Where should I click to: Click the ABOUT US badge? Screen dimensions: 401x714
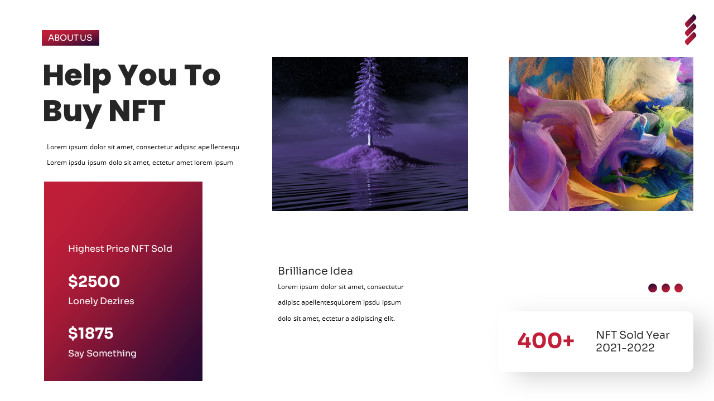tap(70, 38)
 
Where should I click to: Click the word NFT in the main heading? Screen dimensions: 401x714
tap(137, 111)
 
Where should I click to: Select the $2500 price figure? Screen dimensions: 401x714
tap(94, 282)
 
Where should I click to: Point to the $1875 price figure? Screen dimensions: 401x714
tap(90, 334)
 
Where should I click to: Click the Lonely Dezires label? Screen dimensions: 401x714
tap(101, 301)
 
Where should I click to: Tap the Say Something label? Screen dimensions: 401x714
tap(102, 354)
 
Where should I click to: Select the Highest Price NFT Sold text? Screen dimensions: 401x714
tap(120, 249)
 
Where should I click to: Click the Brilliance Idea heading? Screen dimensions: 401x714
tap(315, 271)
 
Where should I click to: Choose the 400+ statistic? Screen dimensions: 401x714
tap(546, 341)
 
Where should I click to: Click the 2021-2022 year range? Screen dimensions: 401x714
tap(625, 348)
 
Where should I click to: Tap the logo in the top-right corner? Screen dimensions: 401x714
tap(691, 30)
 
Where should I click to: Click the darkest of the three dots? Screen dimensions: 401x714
tap(653, 288)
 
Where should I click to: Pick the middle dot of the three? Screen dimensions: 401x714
tap(665, 288)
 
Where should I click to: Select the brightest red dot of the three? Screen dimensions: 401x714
tap(678, 288)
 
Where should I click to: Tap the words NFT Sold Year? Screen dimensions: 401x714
tap(633, 335)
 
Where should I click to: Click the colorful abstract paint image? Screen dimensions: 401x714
tap(601, 134)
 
